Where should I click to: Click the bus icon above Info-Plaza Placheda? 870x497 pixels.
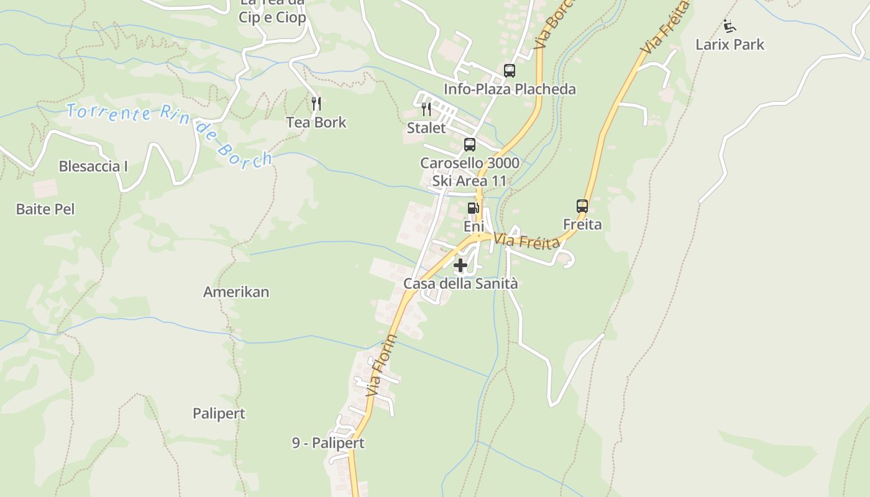[510, 71]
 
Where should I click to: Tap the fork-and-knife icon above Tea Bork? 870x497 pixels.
[316, 103]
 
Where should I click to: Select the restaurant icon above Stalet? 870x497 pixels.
[426, 109]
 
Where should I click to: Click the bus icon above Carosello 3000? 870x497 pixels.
[470, 145]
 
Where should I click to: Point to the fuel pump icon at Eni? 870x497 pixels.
[473, 208]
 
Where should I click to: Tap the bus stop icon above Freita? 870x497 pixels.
[582, 206]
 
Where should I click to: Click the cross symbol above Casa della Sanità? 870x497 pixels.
[460, 266]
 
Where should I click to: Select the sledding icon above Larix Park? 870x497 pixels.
[730, 27]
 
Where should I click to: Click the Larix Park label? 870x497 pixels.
[730, 45]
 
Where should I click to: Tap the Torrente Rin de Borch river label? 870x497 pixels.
[169, 133]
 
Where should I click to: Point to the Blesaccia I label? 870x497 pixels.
[93, 166]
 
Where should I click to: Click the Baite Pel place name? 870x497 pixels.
[45, 209]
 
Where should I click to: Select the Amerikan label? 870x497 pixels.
[236, 292]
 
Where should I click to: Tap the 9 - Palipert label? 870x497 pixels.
[328, 443]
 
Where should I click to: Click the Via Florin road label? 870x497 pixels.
[382, 366]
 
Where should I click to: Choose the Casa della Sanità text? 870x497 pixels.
[460, 284]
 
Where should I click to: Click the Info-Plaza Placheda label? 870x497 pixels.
[510, 89]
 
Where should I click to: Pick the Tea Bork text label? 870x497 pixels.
[316, 122]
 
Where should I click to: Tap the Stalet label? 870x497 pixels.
[426, 129]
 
